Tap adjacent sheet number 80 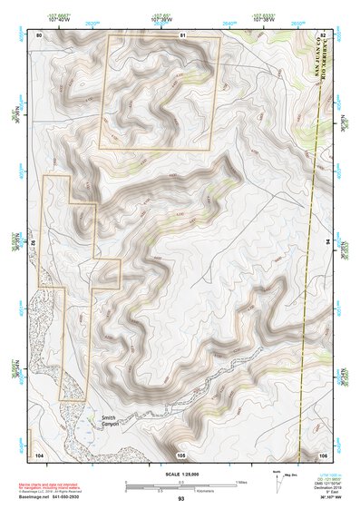tap(39, 34)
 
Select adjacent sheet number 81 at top tap(181, 34)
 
